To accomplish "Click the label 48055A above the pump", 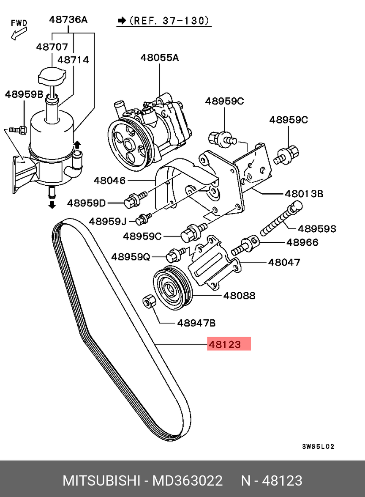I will coord(160,58).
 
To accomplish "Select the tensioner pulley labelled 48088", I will coord(172,288).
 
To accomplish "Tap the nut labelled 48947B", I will coord(149,301).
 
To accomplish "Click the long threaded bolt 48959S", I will coord(281,219).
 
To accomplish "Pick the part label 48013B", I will coord(304,194).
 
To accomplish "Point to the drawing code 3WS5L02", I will coord(318,447).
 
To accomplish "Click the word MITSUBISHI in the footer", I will coord(101,481).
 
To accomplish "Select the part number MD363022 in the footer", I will coord(188,481).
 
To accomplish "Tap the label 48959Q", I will coord(131,256).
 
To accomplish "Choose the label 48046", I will coord(109,181).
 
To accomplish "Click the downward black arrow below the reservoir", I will coord(52,205).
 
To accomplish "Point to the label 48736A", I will coord(68,19).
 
